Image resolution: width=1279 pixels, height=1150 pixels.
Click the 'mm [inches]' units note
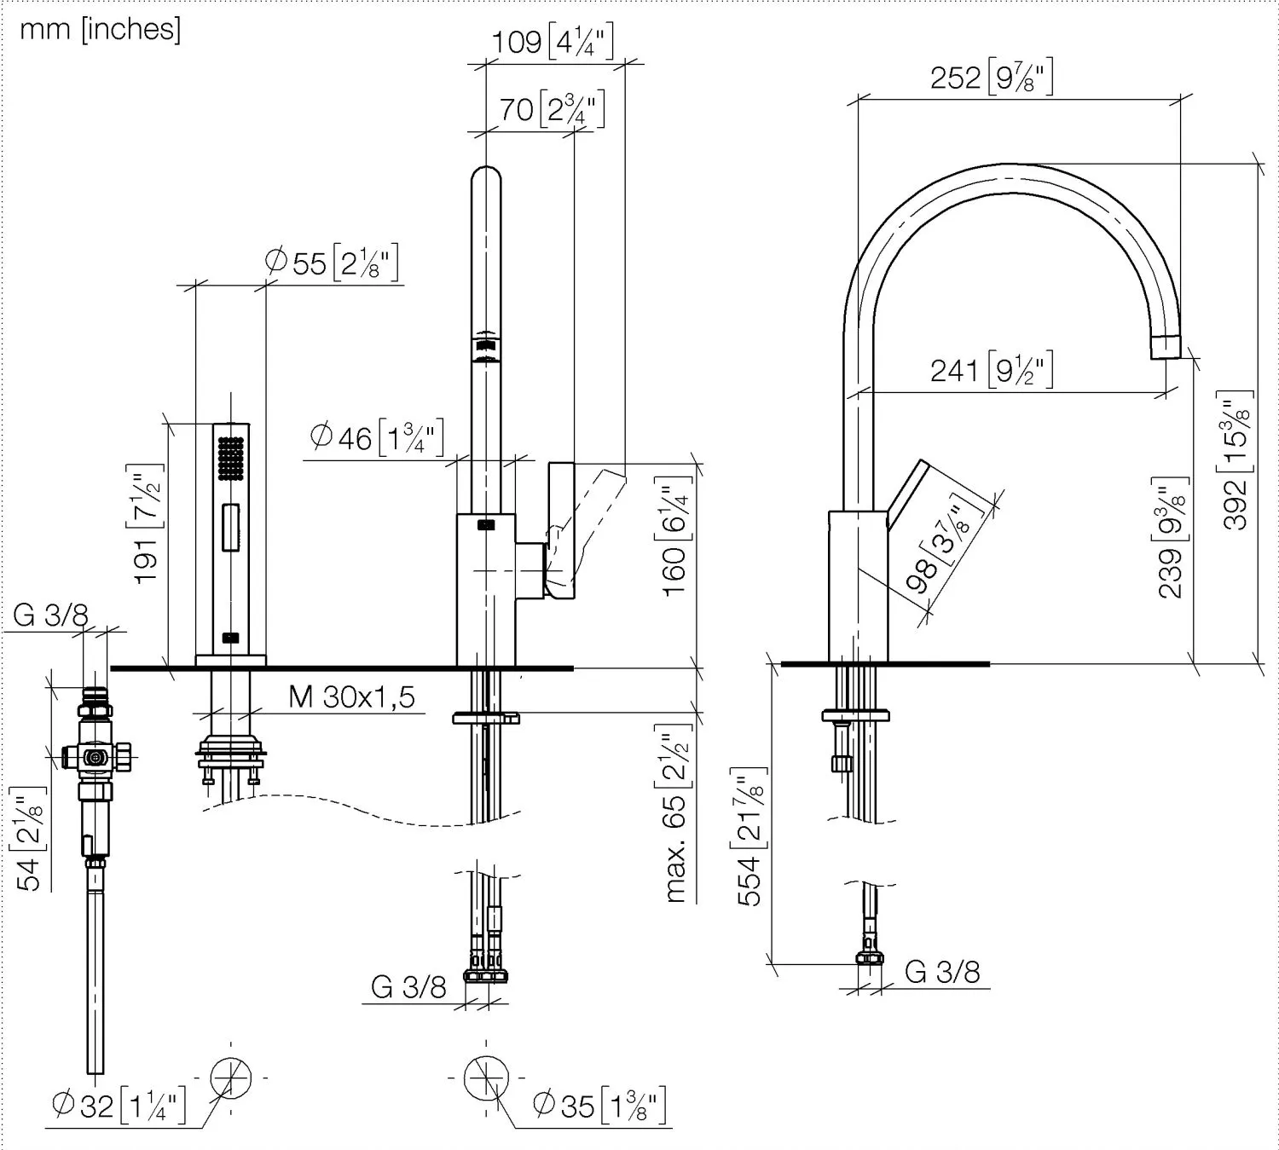point(100,30)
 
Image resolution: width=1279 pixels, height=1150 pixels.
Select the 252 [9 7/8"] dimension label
point(991,78)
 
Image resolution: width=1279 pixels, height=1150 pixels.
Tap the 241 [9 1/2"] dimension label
point(991,371)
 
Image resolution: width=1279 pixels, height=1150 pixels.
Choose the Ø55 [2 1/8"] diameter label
point(332,263)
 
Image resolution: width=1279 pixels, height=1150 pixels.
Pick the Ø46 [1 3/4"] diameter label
point(376,438)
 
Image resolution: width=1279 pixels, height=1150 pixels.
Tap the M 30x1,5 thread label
point(351,697)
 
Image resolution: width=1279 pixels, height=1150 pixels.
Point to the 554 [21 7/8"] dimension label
point(749,836)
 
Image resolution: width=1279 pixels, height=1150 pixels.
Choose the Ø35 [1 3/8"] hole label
point(599,1106)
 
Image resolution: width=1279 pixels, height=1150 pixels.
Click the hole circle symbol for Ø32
point(230,1078)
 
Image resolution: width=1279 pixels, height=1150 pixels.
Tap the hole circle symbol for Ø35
point(486,1078)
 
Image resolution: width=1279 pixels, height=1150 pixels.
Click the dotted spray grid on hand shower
point(231,458)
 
